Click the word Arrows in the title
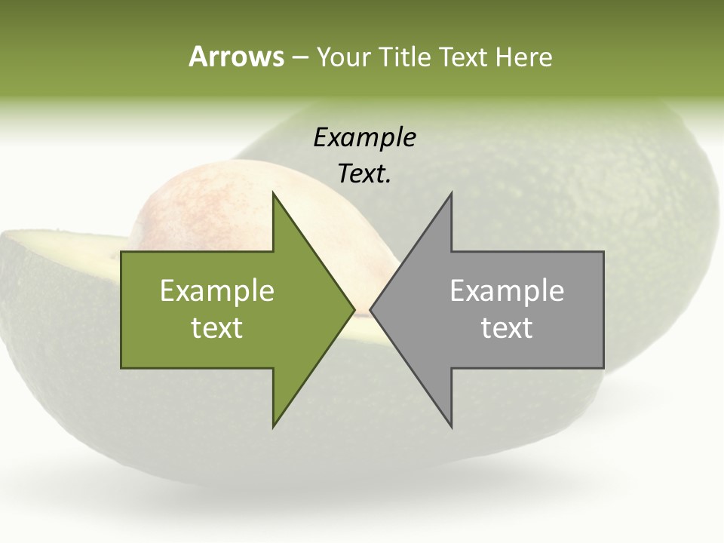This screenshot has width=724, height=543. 236,57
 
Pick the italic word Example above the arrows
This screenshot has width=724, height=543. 364,138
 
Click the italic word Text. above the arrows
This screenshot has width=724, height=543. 364,174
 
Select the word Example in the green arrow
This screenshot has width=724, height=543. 217,290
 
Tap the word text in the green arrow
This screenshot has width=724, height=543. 217,328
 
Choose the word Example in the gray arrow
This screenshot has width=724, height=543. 507,290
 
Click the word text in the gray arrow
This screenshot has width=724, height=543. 507,328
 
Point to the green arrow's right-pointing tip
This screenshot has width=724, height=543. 353,309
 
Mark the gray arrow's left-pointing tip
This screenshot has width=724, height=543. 372,309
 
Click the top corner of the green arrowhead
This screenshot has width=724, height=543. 273,194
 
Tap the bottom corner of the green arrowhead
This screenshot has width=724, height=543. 273,426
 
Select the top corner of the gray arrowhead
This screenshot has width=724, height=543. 451,194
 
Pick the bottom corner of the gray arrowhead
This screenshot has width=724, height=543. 451,426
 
